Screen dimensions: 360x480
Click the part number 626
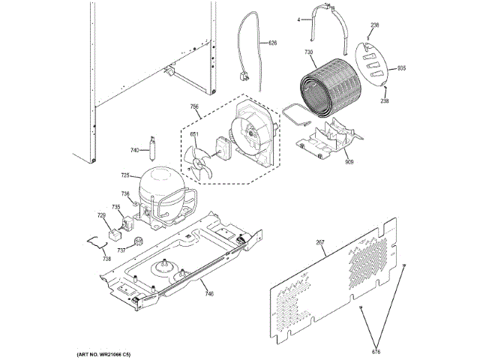(x=272, y=43)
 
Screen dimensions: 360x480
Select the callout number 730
(x=307, y=52)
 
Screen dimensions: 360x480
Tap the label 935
(x=401, y=68)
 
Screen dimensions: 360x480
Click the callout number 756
(x=194, y=107)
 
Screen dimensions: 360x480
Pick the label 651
(x=193, y=135)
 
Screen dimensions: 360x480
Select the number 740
(x=134, y=151)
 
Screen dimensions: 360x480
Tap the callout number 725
(x=125, y=175)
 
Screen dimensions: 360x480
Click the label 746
(x=208, y=295)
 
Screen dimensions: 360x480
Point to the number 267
(x=320, y=241)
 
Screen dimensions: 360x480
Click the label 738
(x=106, y=259)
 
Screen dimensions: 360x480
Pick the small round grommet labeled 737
(x=139, y=240)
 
